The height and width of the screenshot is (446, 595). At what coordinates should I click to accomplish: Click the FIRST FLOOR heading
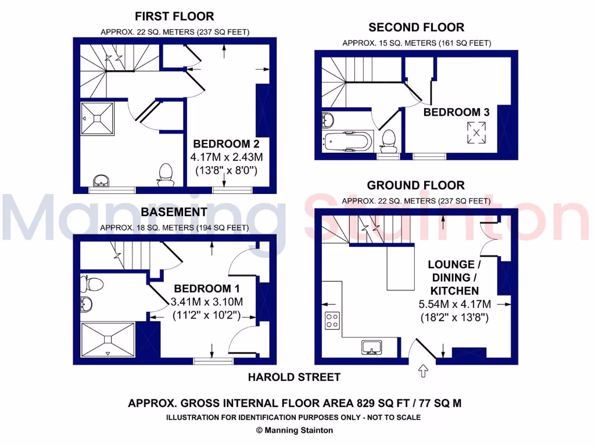[x=174, y=16]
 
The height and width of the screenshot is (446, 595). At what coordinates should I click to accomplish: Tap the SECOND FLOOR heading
[x=416, y=27]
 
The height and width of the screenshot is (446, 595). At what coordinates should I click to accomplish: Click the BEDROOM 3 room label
[x=456, y=112]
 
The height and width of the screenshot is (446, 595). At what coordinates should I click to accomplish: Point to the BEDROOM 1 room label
[x=207, y=289]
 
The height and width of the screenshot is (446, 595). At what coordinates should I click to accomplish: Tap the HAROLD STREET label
[x=294, y=377]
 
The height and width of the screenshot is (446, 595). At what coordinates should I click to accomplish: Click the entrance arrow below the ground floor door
[x=422, y=370]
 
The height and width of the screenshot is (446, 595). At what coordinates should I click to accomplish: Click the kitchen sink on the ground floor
[x=371, y=347]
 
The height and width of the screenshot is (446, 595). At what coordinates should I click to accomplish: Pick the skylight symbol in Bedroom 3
[x=476, y=132]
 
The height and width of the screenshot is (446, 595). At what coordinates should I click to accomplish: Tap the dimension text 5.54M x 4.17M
[x=455, y=304]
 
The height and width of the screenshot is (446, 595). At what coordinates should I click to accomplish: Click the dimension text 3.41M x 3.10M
[x=207, y=302]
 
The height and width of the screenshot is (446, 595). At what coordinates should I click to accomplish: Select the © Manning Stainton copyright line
[x=294, y=430]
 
